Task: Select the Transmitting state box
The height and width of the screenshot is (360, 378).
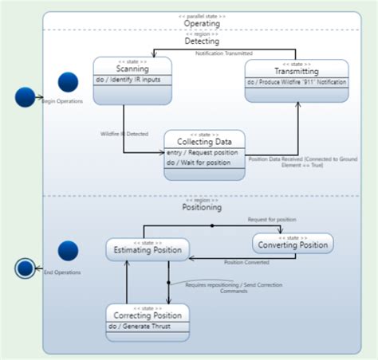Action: (296, 80)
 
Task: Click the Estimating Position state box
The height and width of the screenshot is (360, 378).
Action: (148, 249)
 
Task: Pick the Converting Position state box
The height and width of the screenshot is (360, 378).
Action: (293, 244)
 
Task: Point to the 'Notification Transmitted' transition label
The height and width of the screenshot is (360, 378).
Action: (224, 53)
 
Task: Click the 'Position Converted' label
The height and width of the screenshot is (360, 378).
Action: (245, 262)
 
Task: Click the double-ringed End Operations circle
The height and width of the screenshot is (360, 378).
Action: (26, 268)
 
